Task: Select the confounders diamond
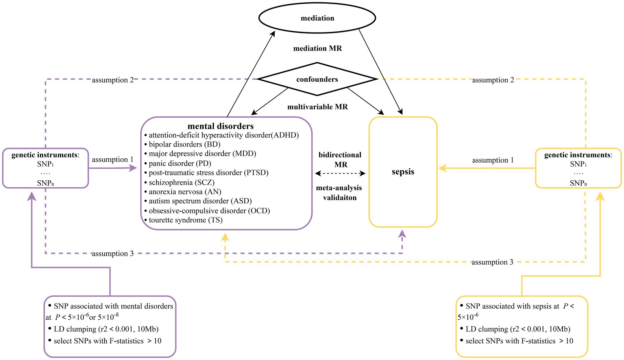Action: [x=317, y=79]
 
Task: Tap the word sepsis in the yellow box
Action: [x=403, y=172]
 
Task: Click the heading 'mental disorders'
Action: [x=220, y=126]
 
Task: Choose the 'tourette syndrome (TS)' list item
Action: [x=183, y=220]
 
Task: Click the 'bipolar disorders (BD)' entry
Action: [x=182, y=144]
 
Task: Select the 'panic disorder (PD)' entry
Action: [x=177, y=163]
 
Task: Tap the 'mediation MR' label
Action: [x=318, y=49]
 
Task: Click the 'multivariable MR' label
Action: [x=318, y=107]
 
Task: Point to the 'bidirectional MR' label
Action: [x=340, y=160]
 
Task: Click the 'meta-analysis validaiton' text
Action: [x=339, y=193]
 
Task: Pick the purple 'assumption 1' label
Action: [x=113, y=160]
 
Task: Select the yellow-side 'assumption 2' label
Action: [x=493, y=80]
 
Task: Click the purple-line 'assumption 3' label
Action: [x=113, y=253]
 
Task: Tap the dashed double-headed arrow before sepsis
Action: [x=340, y=173]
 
